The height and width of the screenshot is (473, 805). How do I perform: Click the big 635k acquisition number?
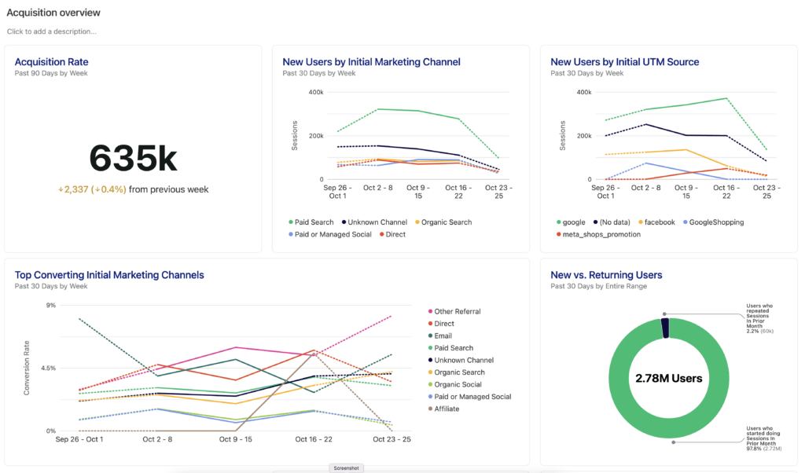(133, 159)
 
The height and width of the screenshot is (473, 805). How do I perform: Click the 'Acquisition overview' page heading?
(53, 13)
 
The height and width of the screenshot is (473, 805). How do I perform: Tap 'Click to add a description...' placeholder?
(52, 31)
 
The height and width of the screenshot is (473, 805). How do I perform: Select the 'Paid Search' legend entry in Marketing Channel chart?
(314, 222)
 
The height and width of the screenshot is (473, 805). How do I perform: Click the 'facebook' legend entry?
(660, 222)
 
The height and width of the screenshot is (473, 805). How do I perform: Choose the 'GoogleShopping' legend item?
(715, 222)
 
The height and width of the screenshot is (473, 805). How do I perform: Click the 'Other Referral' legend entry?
(457, 311)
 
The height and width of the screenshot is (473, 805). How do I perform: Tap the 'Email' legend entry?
(444, 335)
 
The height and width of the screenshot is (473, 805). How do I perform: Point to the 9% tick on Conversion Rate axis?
(51, 305)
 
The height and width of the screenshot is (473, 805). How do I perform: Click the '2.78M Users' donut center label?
(668, 379)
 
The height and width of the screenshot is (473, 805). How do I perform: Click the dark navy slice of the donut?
(665, 327)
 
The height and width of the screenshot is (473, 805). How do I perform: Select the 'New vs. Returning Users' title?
(606, 275)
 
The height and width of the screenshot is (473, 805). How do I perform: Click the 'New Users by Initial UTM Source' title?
(624, 62)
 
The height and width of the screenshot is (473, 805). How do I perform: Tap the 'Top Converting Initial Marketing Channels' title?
(109, 275)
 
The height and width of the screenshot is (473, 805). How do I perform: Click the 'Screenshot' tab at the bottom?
(346, 467)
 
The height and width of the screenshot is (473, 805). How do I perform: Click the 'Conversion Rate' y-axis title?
(27, 367)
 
